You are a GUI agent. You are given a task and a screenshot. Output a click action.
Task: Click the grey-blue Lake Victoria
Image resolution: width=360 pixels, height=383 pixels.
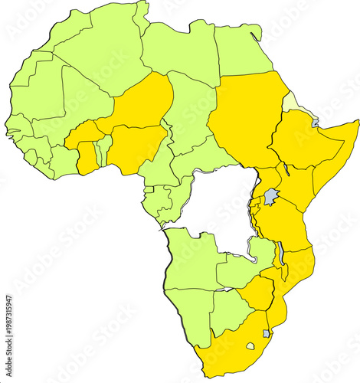(270, 198)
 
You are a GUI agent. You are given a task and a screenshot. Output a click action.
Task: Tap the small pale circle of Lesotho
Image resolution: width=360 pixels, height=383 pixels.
(250, 345)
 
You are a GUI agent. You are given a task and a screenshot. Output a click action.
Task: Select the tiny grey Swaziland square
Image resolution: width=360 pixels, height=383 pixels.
(266, 333)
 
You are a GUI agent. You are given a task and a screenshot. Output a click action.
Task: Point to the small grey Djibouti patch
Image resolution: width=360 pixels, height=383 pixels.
(315, 123)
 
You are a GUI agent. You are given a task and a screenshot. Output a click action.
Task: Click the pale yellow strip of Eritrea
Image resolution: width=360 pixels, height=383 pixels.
(292, 102)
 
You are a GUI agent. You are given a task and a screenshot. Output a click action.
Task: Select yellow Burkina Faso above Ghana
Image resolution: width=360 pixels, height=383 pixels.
(84, 135)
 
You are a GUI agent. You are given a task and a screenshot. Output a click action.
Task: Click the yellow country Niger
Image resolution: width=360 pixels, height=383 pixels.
(142, 103)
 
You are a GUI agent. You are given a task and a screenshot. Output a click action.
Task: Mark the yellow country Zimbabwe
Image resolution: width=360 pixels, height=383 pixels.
(256, 295)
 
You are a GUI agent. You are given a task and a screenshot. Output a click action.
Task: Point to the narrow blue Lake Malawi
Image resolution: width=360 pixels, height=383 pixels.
(280, 253)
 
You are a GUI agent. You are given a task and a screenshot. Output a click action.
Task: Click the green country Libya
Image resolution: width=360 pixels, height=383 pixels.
(181, 54)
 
